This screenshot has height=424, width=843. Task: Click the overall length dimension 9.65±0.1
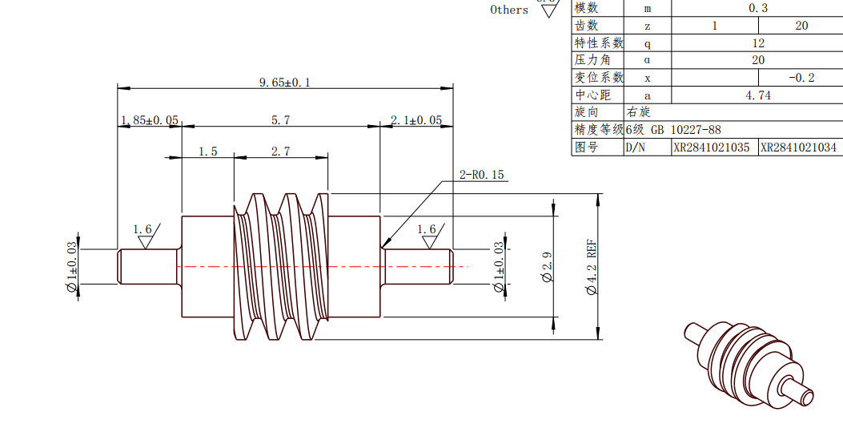click(x=284, y=82)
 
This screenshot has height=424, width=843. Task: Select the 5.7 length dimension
click(x=280, y=120)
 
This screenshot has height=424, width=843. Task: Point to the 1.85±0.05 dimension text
click(x=150, y=120)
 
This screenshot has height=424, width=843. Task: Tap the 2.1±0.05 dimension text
click(x=416, y=120)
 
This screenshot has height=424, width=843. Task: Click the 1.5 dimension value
click(x=208, y=151)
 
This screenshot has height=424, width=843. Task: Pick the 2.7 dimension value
click(x=280, y=151)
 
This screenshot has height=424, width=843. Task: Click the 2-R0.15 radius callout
click(x=481, y=175)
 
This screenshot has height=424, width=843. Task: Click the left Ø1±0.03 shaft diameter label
click(x=72, y=267)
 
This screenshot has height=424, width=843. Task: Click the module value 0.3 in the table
click(x=757, y=8)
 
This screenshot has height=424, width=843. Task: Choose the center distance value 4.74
click(x=757, y=95)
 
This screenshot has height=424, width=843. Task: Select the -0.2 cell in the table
click(x=801, y=78)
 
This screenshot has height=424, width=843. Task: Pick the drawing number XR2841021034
click(x=799, y=147)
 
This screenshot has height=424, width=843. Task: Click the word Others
click(x=509, y=10)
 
